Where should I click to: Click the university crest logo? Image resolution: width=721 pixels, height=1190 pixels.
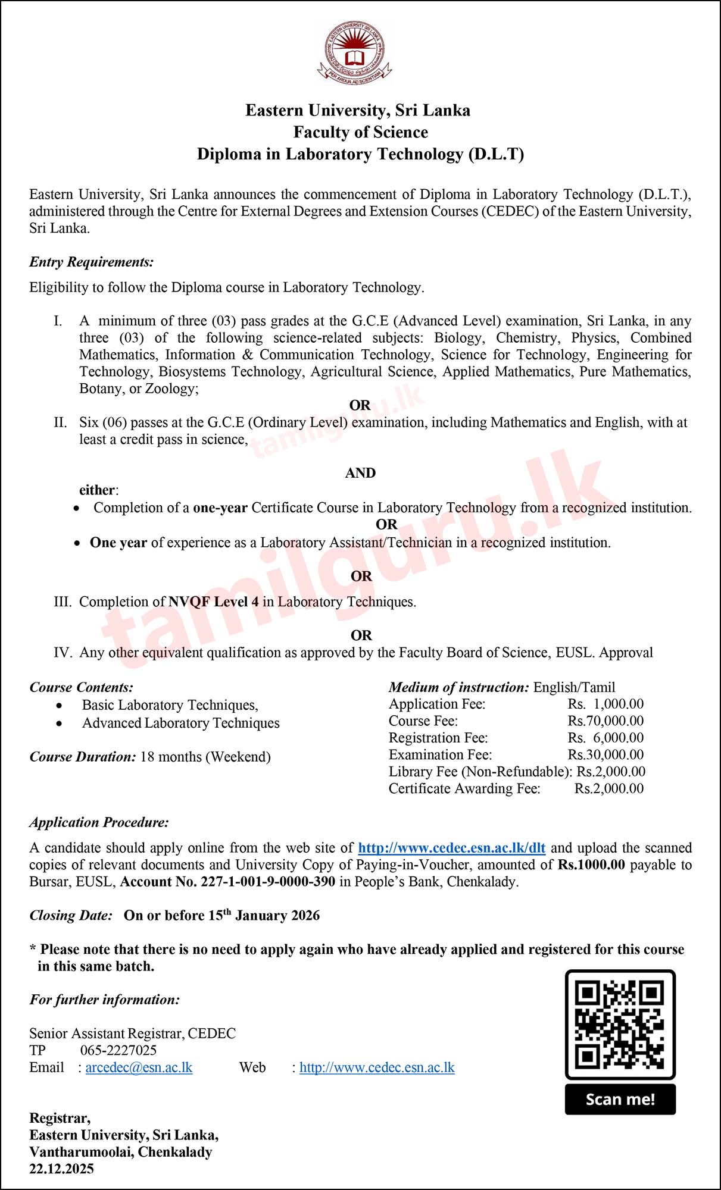355,52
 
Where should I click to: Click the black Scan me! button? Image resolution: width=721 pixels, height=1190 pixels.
620,1099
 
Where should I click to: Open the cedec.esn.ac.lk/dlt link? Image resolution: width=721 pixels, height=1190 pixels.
451,848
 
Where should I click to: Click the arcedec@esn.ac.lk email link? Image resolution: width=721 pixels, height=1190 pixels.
139,1067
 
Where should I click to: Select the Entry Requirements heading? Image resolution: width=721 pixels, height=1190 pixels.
91,262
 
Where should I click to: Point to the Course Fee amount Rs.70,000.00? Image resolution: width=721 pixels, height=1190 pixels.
605,721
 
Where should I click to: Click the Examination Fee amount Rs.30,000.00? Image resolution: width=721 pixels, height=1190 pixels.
605,755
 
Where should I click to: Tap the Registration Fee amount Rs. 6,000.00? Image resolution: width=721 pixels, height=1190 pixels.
605,738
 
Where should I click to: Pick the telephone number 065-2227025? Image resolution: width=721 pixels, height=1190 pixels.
118,1050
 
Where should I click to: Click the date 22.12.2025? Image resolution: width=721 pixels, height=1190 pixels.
61,1169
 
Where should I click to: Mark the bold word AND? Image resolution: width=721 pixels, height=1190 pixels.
360,473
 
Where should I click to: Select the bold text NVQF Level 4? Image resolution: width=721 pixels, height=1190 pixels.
213,602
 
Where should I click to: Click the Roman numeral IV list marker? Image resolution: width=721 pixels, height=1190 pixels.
63,653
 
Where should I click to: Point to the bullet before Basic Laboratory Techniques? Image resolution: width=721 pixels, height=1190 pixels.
59,706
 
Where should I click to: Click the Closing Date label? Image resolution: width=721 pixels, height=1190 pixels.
71,916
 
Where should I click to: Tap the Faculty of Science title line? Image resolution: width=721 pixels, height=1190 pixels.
360,132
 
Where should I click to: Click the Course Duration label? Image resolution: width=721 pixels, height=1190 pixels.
83,757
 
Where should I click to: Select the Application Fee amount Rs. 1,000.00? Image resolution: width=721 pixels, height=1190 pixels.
605,704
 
